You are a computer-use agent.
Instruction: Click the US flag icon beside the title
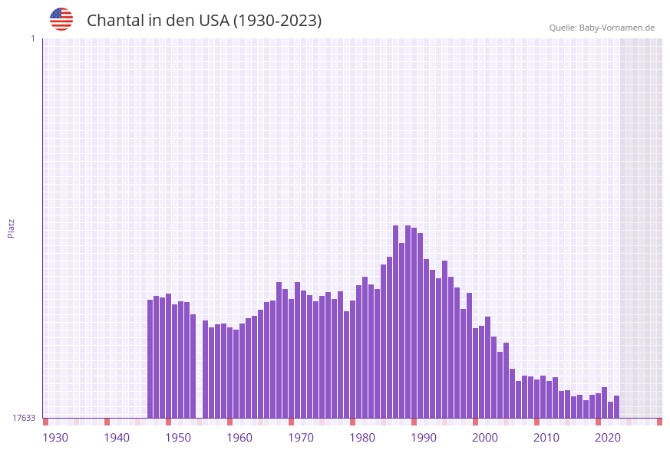pos(61,19)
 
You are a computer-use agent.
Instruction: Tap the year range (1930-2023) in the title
pos(277,21)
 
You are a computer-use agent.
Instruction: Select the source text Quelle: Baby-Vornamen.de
pos(602,28)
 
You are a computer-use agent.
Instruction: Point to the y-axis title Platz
pos(12,228)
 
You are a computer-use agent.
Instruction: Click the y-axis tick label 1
pos(32,38)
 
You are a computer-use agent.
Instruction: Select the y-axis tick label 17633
pos(24,418)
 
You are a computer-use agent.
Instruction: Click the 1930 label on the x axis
pos(55,438)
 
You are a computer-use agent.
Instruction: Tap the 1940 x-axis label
pos(117,438)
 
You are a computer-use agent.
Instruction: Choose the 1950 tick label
pos(178,438)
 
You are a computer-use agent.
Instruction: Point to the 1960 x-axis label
pos(239,438)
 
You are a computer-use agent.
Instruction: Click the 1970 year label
pos(301,438)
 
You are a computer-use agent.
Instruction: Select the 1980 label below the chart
pos(362,438)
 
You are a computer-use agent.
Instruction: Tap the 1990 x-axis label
pos(424,438)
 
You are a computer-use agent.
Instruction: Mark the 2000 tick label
pos(485,438)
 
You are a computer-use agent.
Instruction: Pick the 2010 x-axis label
pos(546,438)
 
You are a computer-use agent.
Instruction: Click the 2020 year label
pos(608,438)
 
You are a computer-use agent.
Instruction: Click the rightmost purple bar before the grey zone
pos(616,407)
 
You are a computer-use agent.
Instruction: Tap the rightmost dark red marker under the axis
pos(659,422)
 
